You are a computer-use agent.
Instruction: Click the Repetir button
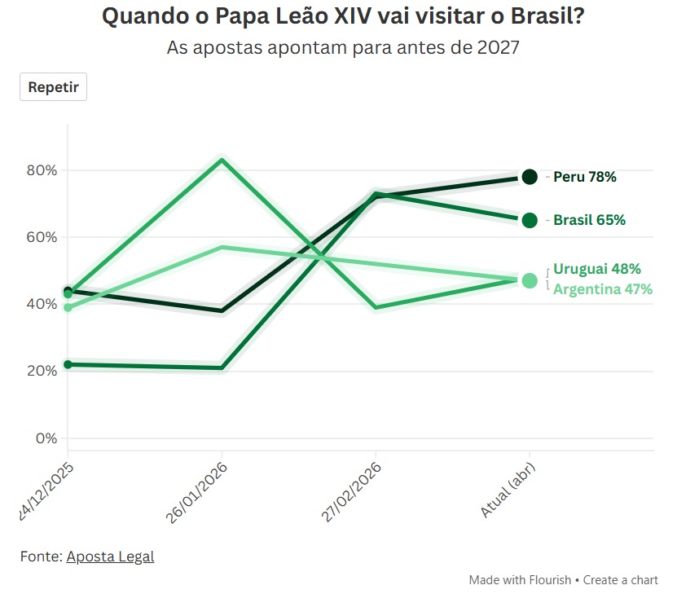coord(53,87)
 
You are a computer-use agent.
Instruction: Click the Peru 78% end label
coord(584,177)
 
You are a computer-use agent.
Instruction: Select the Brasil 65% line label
coord(589,220)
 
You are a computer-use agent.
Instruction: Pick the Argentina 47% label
coord(602,288)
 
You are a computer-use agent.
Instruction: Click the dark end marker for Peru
coord(530,177)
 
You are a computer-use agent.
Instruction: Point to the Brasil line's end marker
coord(530,220)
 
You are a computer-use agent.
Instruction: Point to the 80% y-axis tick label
coord(41,170)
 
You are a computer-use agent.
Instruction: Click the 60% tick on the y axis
coord(41,237)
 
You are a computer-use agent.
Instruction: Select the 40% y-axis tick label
coord(41,304)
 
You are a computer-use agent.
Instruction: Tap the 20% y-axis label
coord(41,371)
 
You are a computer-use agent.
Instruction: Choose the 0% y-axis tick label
coord(46,438)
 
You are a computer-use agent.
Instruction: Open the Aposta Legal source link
coord(110,557)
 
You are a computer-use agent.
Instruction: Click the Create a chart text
coord(621,580)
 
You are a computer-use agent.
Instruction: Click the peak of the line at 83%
coord(222,159)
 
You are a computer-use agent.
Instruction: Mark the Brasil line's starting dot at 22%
coord(68,364)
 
